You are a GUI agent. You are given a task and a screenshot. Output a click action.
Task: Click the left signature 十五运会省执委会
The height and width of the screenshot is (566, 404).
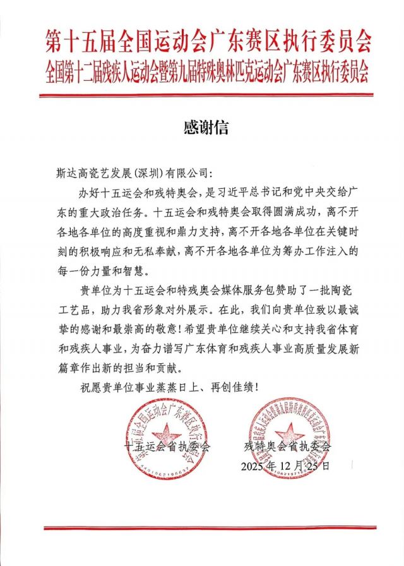(x=167, y=447)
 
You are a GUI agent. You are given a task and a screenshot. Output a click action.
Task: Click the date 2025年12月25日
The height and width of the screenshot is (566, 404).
(x=285, y=467)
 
